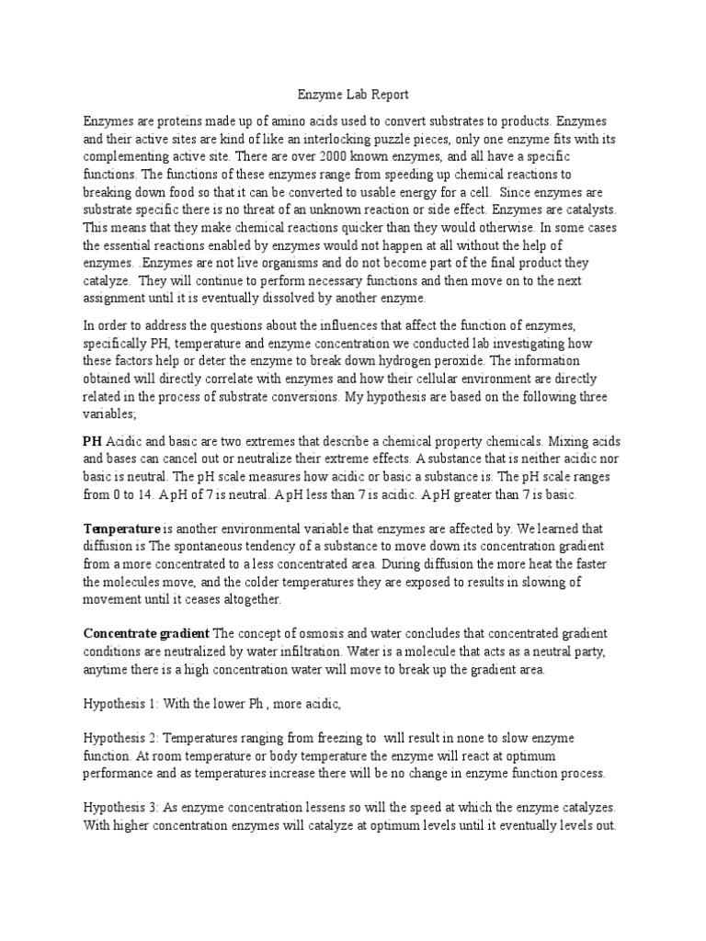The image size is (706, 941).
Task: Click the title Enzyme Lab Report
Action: point(352,94)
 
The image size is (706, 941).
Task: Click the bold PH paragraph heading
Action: point(93,441)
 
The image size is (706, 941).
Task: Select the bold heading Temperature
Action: point(121,530)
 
